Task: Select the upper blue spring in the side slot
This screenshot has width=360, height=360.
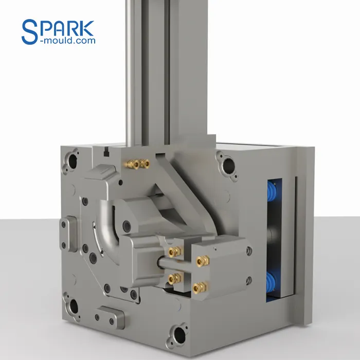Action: (272, 197)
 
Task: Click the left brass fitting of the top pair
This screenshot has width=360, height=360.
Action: (133, 163)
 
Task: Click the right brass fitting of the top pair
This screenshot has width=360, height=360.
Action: (146, 164)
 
